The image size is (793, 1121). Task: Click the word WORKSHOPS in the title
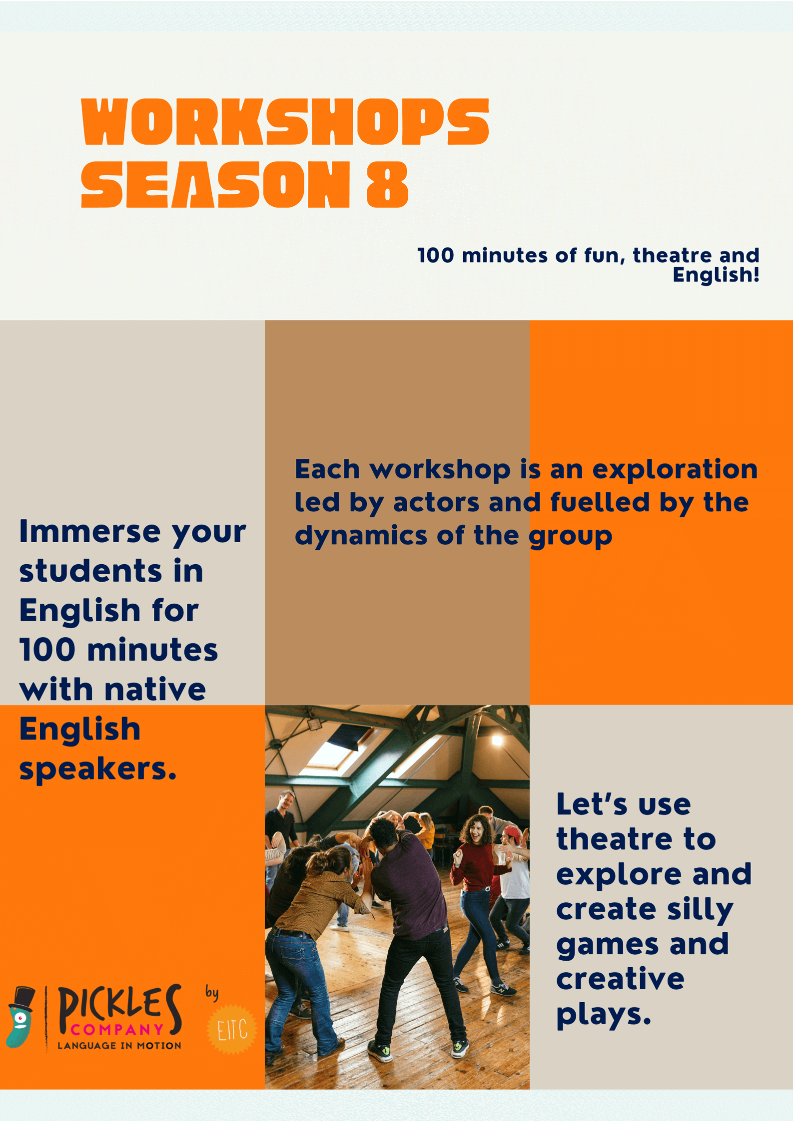285,122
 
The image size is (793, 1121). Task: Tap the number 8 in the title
387,184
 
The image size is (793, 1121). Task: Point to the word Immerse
89,531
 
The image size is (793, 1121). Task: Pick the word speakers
98,769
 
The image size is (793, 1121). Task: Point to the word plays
604,1015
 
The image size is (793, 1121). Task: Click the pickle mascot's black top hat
23,999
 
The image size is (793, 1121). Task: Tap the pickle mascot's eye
20,1018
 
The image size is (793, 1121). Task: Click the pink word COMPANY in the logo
117,1030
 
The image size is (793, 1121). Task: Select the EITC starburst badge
231,1029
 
